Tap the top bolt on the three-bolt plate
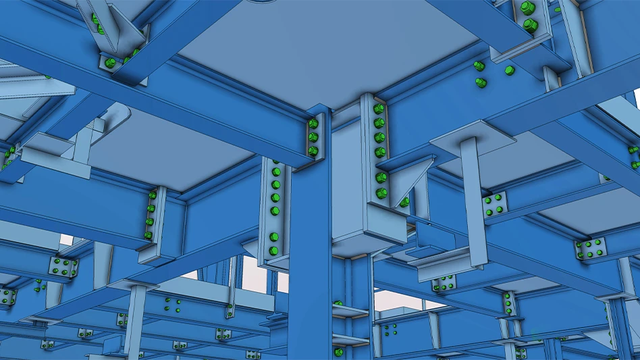pyautogui.click(x=313, y=124)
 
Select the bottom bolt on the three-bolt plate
pyautogui.click(x=313, y=149)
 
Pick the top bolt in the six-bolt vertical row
pyautogui.click(x=379, y=109)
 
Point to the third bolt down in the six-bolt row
pyautogui.click(x=381, y=138)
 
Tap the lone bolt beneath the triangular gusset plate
pyautogui.click(x=404, y=202)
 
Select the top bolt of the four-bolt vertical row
pyautogui.click(x=153, y=196)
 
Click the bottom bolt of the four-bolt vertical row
pyautogui.click(x=149, y=235)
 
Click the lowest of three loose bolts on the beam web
pyautogui.click(x=481, y=82)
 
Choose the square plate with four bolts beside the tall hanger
pyautogui.click(x=495, y=203)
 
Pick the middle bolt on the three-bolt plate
pyautogui.click(x=313, y=137)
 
